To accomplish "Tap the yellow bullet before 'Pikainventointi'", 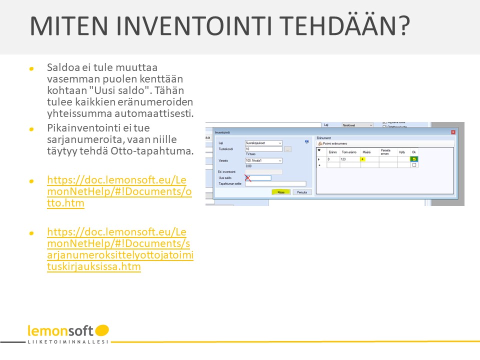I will (31, 129).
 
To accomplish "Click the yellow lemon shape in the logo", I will (102, 330).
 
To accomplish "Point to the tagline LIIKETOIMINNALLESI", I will (68, 342).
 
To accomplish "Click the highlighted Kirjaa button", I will (281, 191).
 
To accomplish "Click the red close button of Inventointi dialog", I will (453, 132).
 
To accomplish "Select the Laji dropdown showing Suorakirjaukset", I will (263, 143).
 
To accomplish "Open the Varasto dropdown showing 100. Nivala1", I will (263, 160).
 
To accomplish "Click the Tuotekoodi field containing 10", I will (263, 149).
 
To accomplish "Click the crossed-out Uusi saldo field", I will (258, 177).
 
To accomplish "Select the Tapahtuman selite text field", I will (275, 183).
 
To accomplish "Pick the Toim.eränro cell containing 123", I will (350, 159).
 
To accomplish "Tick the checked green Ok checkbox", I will (414, 159).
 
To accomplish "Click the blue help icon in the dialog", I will (307, 142).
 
